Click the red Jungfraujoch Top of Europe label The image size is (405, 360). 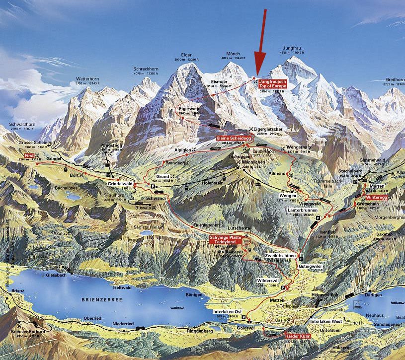[273, 83]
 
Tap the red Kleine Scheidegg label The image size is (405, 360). [233, 138]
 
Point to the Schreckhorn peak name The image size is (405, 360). [145, 69]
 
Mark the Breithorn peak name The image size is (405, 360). [395, 79]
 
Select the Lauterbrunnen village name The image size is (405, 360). [302, 210]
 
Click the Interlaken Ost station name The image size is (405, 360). [228, 311]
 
